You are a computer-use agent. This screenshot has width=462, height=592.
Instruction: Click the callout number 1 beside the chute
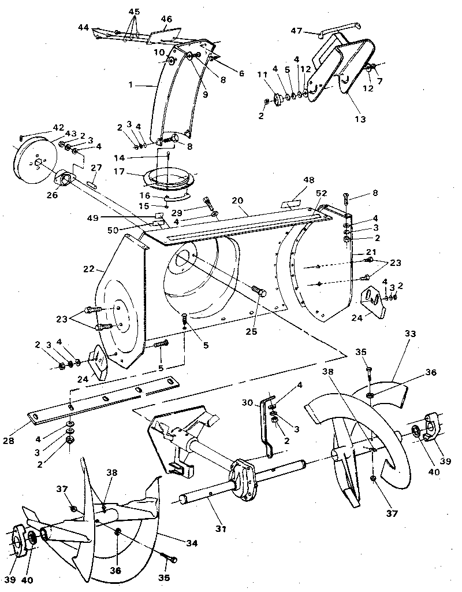click(131, 84)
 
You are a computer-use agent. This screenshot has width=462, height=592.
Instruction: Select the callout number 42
click(58, 127)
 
